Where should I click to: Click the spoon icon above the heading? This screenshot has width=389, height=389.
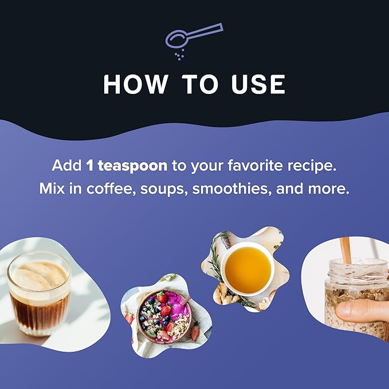[194, 37]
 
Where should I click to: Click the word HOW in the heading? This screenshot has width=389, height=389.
[135, 84]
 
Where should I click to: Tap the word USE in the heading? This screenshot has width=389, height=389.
[258, 84]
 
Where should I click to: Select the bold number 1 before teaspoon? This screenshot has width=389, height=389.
[90, 166]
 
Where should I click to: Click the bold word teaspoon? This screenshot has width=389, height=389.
[132, 166]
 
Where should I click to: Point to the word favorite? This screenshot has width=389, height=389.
[255, 166]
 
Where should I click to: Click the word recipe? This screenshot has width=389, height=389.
[312, 166]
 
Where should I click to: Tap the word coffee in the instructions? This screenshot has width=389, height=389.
[111, 189]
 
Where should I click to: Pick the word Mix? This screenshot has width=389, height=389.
[52, 189]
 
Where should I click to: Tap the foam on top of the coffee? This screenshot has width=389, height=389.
[38, 276]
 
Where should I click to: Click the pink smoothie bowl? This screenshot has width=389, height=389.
[164, 316]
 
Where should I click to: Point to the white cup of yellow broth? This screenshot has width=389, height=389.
[247, 269]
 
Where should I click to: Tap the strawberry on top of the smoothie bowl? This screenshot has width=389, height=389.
[162, 297]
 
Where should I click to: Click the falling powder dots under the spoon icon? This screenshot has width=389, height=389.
[179, 54]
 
